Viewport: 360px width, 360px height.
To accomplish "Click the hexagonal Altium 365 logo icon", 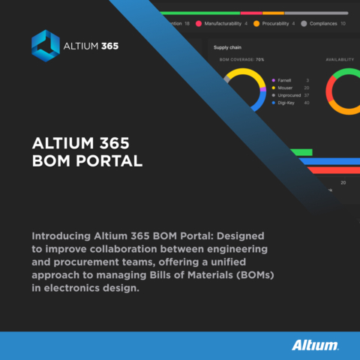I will [46, 46].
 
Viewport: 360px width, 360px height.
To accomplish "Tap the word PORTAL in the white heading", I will [106, 160].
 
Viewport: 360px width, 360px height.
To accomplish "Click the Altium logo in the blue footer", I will [315, 346].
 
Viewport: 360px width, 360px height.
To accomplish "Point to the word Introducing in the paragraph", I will [62, 234].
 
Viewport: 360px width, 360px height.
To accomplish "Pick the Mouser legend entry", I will [284, 88].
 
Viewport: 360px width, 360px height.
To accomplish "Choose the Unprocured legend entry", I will [289, 95].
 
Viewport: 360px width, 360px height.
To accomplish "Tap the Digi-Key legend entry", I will [286, 103].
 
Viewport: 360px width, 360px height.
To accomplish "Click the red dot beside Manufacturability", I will [199, 23].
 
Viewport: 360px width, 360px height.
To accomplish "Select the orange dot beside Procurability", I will [256, 23].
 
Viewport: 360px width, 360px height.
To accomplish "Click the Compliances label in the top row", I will [323, 23].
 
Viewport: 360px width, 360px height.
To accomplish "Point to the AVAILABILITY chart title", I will [340, 59].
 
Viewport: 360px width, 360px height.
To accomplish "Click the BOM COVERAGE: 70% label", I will [241, 59].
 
